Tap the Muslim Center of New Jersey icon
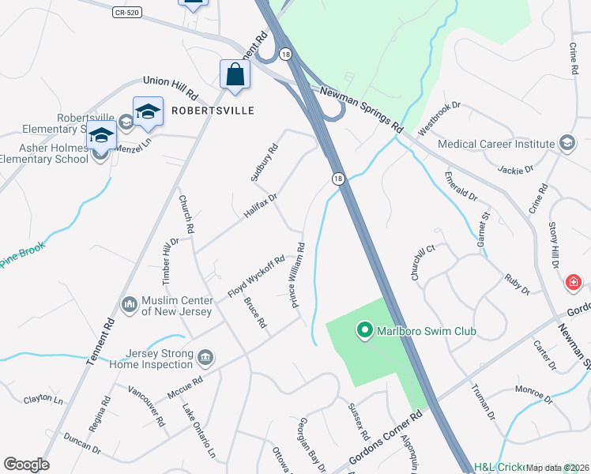click(130, 303)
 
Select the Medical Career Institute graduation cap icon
click(567, 143)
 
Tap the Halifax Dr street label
click(261, 205)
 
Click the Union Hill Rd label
click(168, 81)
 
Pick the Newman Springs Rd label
click(361, 110)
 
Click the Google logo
click(26, 465)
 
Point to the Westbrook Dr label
click(439, 116)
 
